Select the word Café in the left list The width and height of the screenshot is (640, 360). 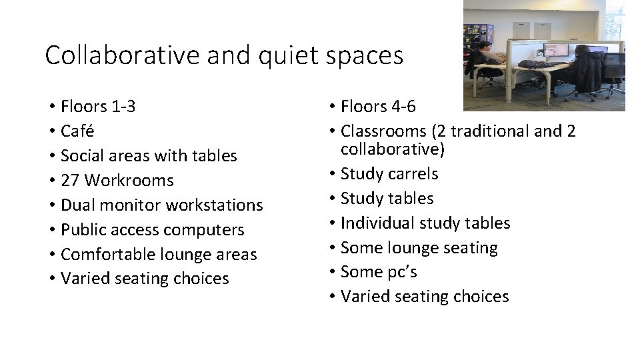pyautogui.click(x=79, y=131)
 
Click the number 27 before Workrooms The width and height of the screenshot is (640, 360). pyautogui.click(x=70, y=180)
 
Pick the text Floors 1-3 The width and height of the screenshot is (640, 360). pyautogui.click(x=98, y=106)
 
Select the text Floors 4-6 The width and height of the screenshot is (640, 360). pyautogui.click(x=378, y=106)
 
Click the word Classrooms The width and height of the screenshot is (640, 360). pyautogui.click(x=382, y=131)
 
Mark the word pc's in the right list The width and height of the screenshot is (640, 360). pyautogui.click(x=403, y=271)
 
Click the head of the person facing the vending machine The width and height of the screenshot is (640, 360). pyautogui.click(x=485, y=46)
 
